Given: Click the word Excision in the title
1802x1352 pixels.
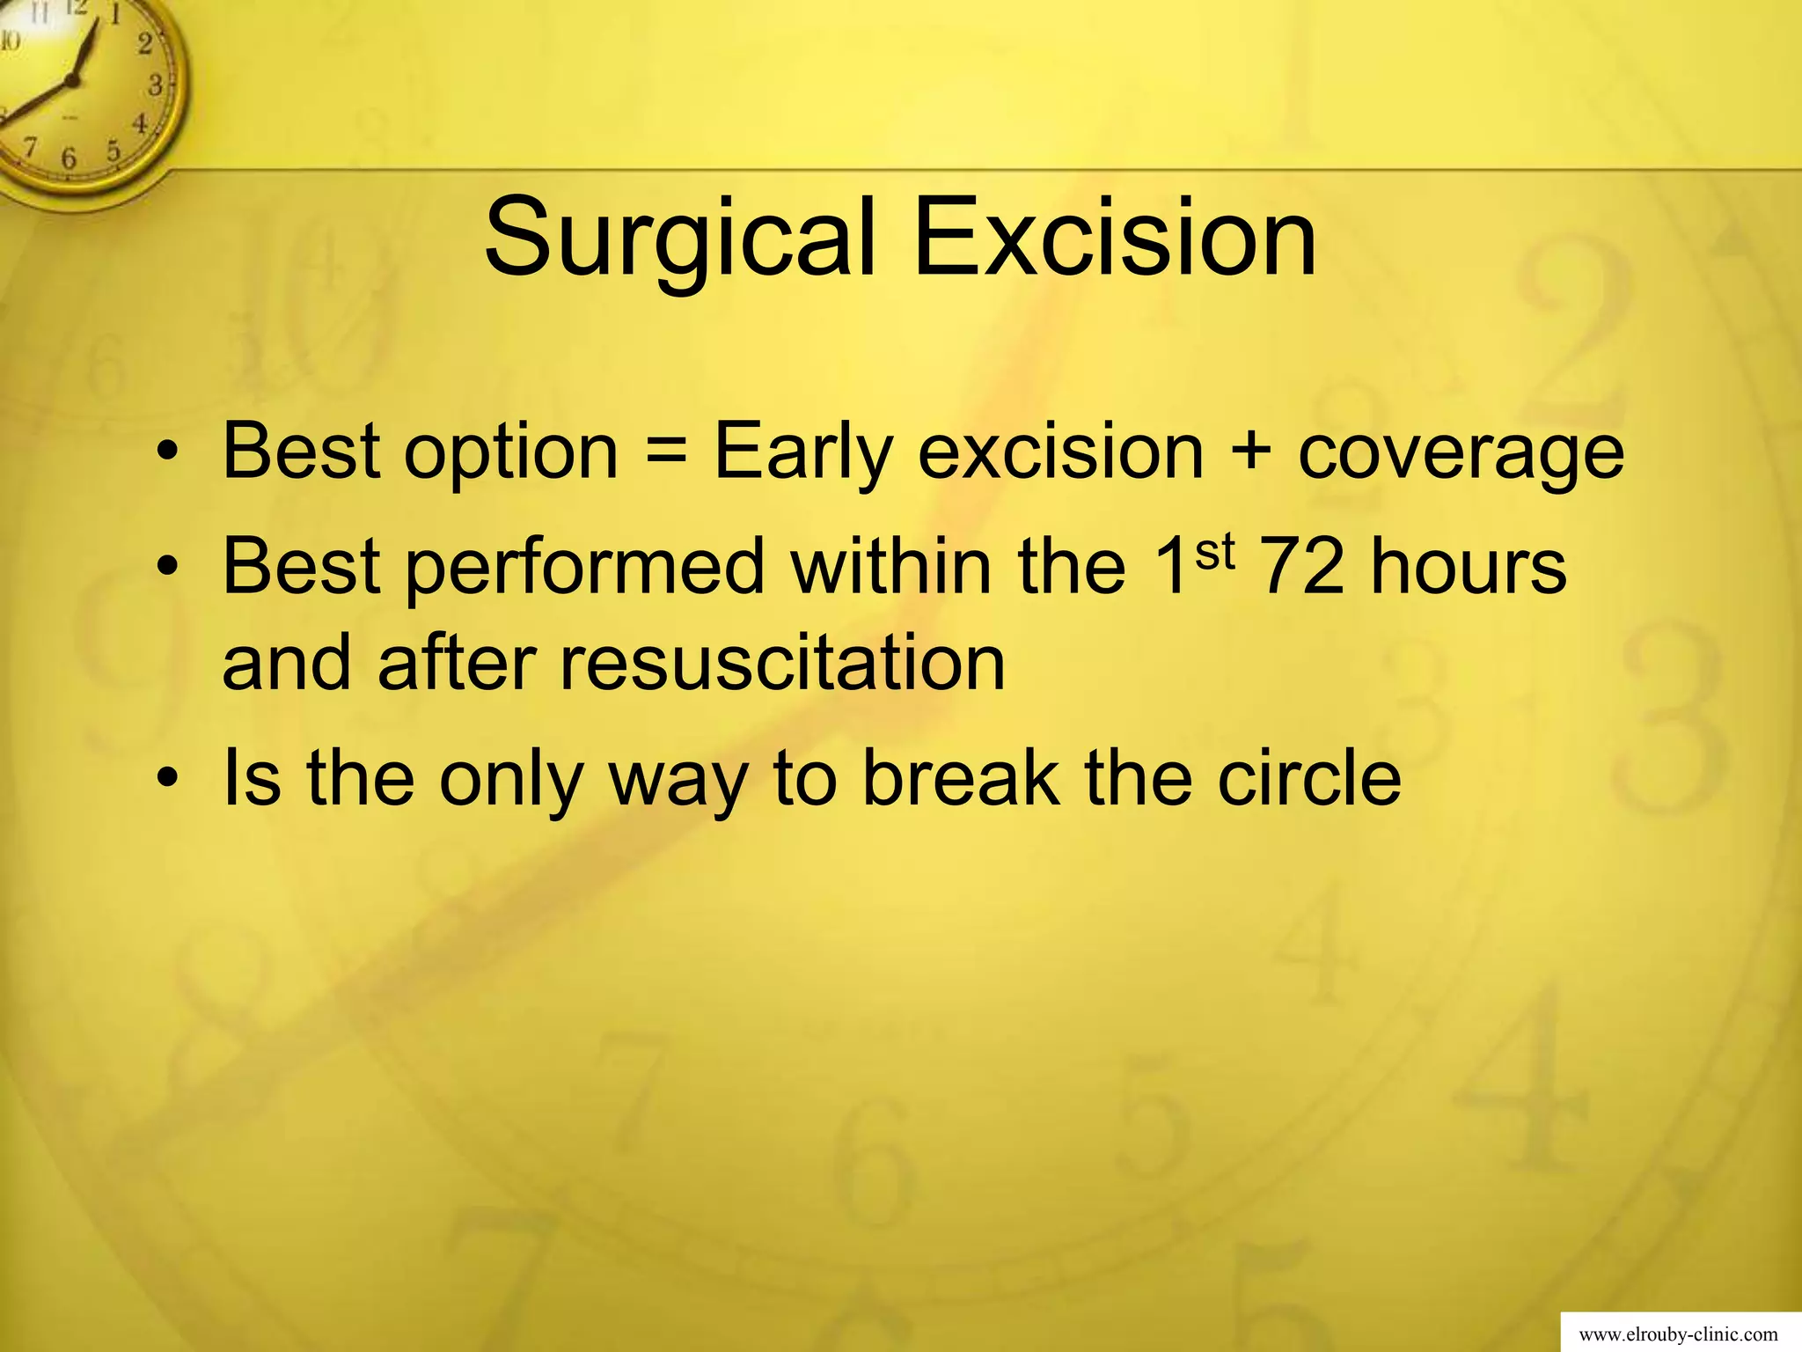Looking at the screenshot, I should pyautogui.click(x=1115, y=239).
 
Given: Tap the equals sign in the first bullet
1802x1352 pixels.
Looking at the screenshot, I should pyautogui.click(x=666, y=452).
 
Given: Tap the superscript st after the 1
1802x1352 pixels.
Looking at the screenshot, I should pyautogui.click(x=1216, y=553).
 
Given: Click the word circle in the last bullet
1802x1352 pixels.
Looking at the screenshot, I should pyautogui.click(x=1309, y=776).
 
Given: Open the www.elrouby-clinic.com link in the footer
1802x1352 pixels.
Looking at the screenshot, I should pyautogui.click(x=1678, y=1334).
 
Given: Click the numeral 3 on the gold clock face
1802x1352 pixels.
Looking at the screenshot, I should pyautogui.click(x=156, y=85).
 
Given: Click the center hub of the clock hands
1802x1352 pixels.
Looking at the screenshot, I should pyautogui.click(x=72, y=80).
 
